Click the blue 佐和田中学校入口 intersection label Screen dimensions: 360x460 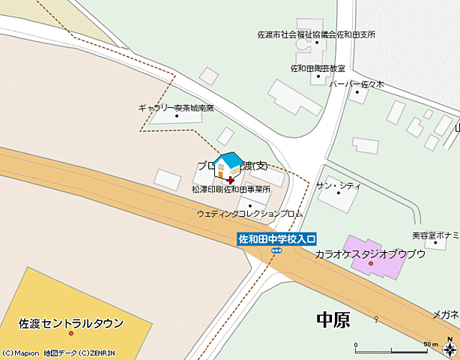277,239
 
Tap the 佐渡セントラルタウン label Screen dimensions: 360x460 71,324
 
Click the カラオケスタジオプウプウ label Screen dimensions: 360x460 370,254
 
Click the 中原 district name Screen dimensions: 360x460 333,320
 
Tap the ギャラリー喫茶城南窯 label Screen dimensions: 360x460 176,108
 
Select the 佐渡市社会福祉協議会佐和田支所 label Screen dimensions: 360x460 316,34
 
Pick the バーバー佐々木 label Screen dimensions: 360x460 357,84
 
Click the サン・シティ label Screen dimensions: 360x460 339,185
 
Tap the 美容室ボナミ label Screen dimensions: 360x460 435,235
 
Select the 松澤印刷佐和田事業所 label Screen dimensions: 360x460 231,190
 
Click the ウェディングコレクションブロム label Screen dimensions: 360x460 249,214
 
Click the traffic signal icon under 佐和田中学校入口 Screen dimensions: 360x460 276,250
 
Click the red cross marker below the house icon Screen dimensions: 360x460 230,180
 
